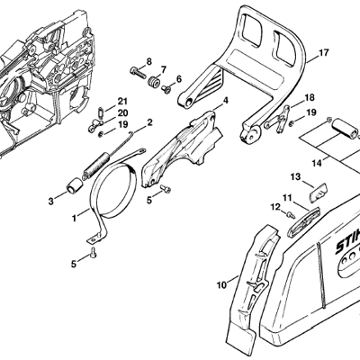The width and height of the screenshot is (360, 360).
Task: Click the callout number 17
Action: pos(323,53)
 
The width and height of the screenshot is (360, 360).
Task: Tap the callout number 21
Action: pos(122,101)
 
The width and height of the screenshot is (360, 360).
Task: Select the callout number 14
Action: pos(317,163)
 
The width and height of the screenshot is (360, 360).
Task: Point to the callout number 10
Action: pos(222,285)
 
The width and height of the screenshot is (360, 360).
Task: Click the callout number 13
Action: pos(295,177)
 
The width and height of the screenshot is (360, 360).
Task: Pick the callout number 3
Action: pos(51,201)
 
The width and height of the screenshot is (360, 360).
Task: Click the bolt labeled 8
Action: pos(138,72)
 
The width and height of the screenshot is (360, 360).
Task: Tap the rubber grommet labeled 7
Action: pos(154,82)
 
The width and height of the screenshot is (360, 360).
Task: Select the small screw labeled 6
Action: pos(166,89)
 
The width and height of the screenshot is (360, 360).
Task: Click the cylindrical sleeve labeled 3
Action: pos(74,185)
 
